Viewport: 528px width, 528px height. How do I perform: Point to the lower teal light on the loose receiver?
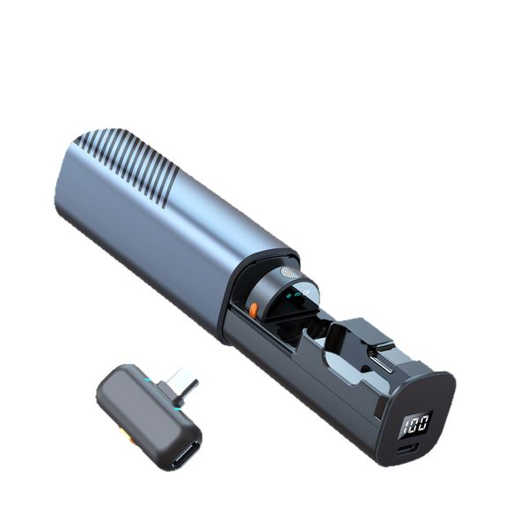tap(177, 406)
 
